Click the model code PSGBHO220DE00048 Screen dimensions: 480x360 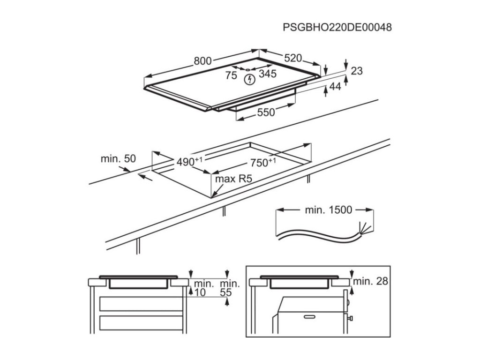(x=337, y=27)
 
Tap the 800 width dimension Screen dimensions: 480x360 (x=203, y=60)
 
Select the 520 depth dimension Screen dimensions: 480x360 (x=292, y=58)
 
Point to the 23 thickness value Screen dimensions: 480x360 (x=357, y=71)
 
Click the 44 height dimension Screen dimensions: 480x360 (x=335, y=86)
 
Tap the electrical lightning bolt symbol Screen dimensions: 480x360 (x=250, y=79)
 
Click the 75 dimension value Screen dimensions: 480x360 (x=231, y=75)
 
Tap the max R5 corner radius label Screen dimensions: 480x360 (x=230, y=179)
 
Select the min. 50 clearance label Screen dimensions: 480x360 (x=118, y=159)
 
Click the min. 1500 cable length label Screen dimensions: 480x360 (x=328, y=210)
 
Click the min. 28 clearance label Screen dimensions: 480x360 (x=371, y=281)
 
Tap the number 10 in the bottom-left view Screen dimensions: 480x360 (x=200, y=292)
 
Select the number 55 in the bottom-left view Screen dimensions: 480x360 (x=226, y=292)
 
